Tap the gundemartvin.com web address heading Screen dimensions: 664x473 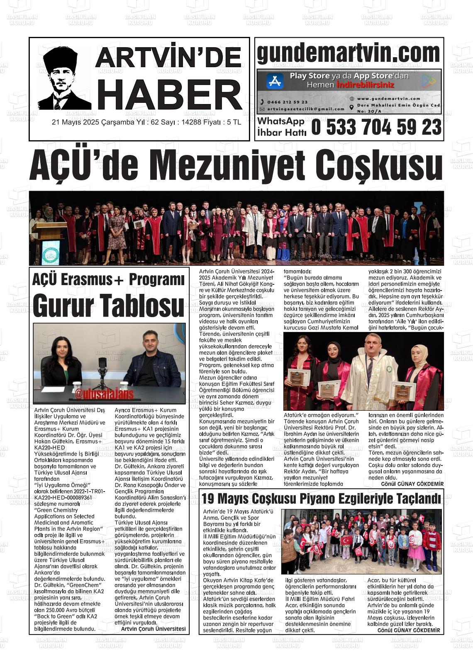349,53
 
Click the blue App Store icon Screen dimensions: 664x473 274,81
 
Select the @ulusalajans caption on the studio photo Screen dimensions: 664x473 104,395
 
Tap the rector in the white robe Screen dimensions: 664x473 371,373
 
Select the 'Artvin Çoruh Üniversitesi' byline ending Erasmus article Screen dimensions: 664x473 153,629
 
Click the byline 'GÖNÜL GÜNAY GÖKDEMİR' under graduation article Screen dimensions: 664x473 412,484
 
